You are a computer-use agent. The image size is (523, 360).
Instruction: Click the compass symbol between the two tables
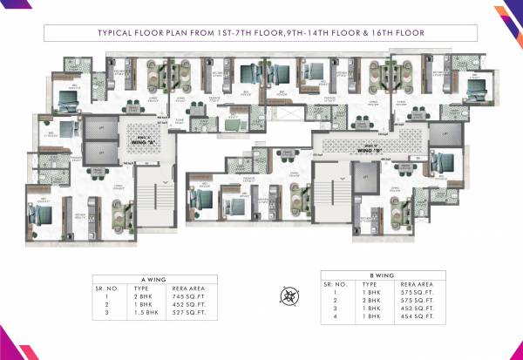[x=289, y=295]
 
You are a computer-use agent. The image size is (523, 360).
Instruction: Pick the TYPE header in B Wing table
[x=370, y=282]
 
